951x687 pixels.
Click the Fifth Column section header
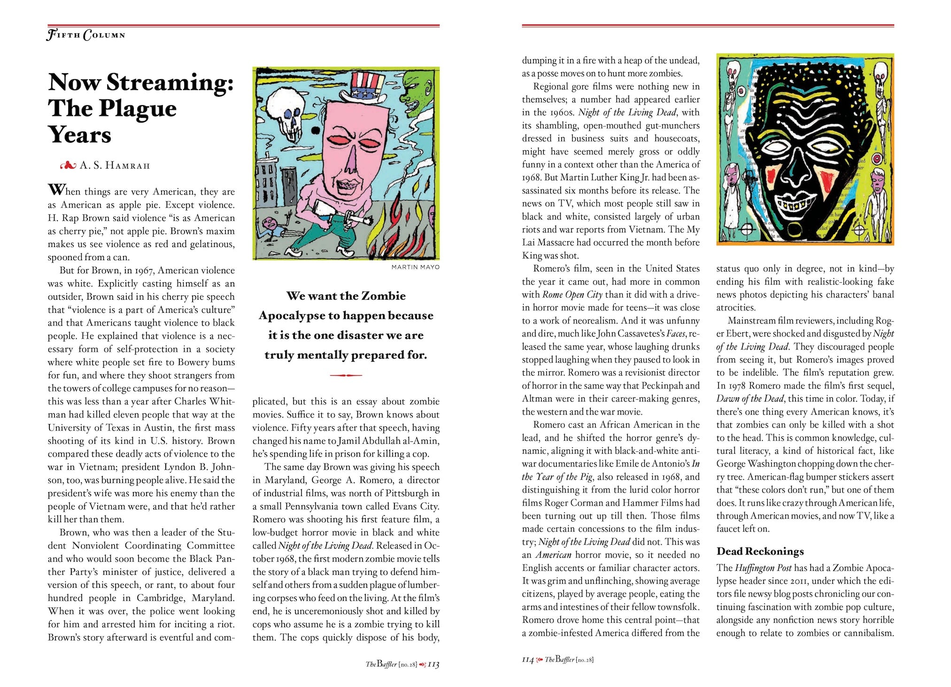tap(86, 35)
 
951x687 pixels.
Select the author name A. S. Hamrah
tap(115, 165)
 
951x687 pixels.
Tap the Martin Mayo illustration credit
tap(415, 267)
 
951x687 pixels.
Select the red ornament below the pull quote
tap(346, 375)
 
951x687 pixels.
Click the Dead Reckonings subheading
tap(760, 551)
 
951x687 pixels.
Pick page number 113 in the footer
tap(433, 664)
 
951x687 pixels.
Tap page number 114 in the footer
tap(528, 660)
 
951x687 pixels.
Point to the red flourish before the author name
tap(69, 165)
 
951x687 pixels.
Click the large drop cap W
tap(56, 190)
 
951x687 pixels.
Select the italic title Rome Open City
tap(572, 294)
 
